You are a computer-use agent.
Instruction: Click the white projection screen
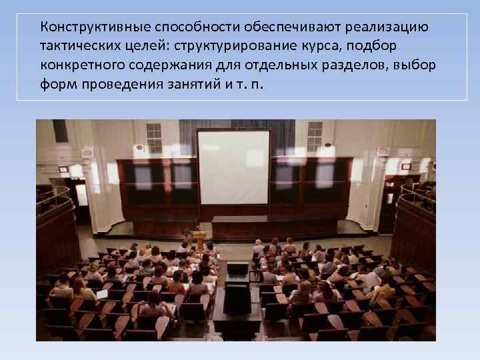coord(233,167)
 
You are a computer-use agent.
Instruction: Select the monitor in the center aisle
coord(237,271)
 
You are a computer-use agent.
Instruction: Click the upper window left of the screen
coord(154,137)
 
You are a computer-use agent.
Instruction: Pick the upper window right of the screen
coord(314,136)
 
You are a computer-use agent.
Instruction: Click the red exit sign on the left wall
coord(64,169)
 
